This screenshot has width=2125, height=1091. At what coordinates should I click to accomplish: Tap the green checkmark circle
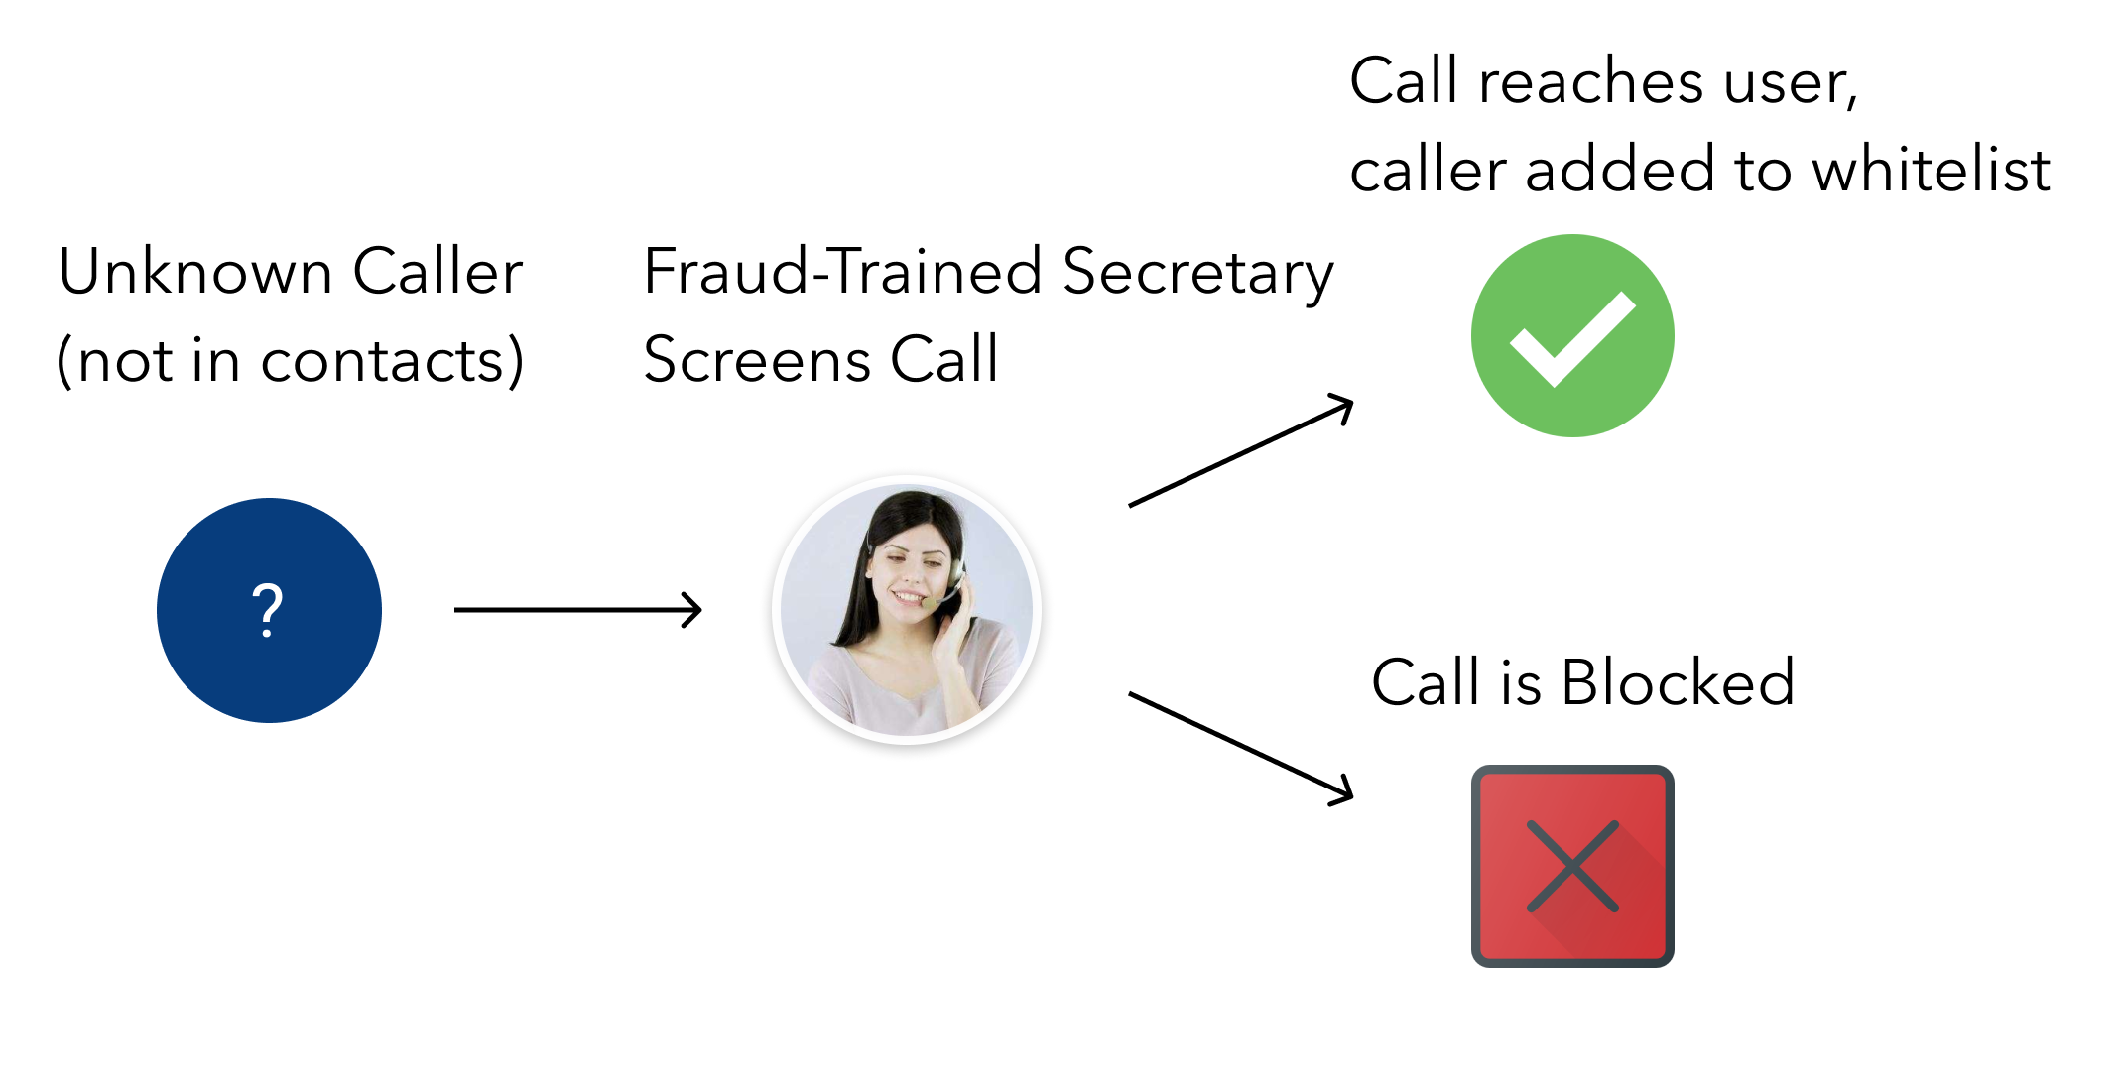coord(1572,335)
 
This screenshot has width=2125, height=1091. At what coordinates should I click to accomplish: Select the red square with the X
coord(1572,866)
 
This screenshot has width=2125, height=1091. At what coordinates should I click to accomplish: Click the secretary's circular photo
coord(907,610)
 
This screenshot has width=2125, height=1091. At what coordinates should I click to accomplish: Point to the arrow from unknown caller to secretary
coord(577,609)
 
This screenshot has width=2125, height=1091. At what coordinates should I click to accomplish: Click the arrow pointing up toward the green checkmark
coord(1240,451)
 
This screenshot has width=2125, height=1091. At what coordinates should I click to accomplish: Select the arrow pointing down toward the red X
coord(1240,747)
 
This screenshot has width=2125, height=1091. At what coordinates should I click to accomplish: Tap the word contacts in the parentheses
coord(384,359)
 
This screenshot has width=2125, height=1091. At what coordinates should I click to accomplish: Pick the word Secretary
coord(1197,273)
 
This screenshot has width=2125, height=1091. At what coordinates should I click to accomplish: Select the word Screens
coord(756,359)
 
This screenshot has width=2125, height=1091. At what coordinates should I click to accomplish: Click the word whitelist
coord(1931,169)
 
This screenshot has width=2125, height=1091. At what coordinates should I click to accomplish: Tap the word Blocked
coord(1678,682)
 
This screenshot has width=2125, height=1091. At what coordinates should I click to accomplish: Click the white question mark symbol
coord(268,610)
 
